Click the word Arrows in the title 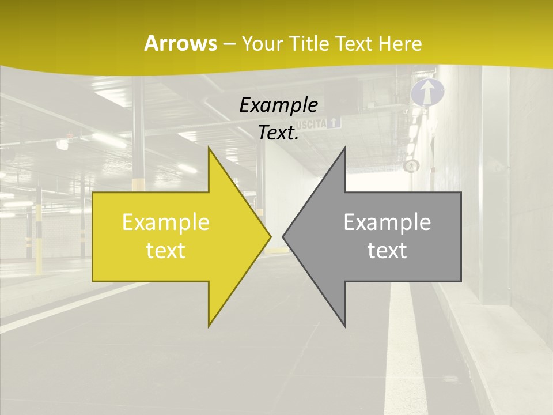pyautogui.click(x=180, y=43)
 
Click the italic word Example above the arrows pyautogui.click(x=278, y=105)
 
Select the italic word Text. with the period pyautogui.click(x=278, y=133)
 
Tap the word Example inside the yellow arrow pyautogui.click(x=165, y=222)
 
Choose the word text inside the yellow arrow pyautogui.click(x=165, y=251)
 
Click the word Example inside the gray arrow pyautogui.click(x=387, y=222)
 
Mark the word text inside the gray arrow pyautogui.click(x=387, y=251)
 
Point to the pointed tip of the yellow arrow pyautogui.click(x=270, y=237)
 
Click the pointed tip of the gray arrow pyautogui.click(x=283, y=237)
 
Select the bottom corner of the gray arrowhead pyautogui.click(x=344, y=326)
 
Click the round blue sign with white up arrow pyautogui.click(x=427, y=93)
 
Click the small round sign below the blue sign pyautogui.click(x=411, y=166)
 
